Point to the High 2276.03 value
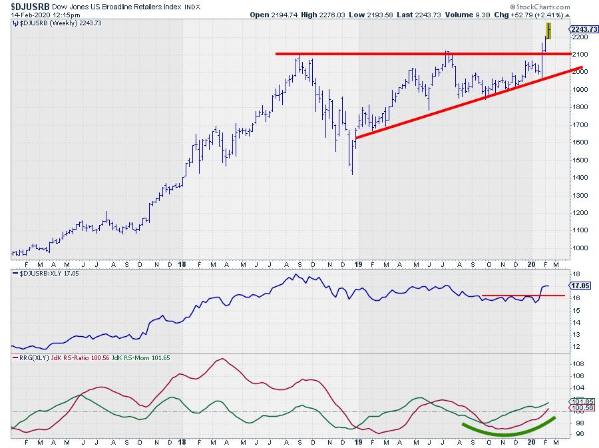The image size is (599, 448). (x=325, y=15)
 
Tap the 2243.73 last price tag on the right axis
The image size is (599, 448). (x=584, y=29)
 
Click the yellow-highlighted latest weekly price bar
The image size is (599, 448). (x=549, y=31)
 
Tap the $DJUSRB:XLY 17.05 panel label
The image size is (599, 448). (x=41, y=273)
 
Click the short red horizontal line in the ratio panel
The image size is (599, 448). (x=523, y=295)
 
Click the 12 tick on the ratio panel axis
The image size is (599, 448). (x=576, y=347)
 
